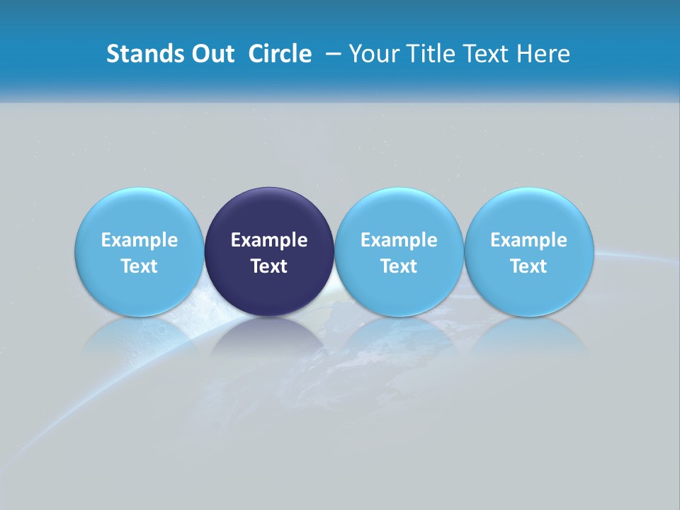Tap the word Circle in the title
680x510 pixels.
point(280,54)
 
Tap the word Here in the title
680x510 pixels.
point(544,54)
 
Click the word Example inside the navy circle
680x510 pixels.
point(269,240)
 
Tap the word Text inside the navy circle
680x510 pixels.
point(269,266)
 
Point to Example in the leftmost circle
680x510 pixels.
point(139,240)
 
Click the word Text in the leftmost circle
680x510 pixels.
point(139,266)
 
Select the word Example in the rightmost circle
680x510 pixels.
point(529,240)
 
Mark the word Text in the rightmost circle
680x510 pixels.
point(529,266)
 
